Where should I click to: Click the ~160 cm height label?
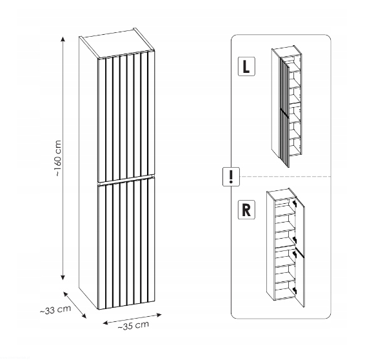tap(58, 158)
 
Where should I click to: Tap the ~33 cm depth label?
tap(55, 310)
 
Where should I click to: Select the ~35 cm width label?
tap(133, 326)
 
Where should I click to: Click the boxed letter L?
tap(246, 66)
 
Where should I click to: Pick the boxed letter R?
tap(246, 210)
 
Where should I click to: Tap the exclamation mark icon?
tap(231, 177)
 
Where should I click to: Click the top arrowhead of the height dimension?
tap(63, 39)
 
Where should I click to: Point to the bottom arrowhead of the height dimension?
tap(63, 277)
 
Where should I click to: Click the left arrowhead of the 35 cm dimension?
tap(106, 323)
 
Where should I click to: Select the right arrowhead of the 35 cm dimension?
tap(159, 315)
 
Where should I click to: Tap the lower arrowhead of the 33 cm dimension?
tap(84, 315)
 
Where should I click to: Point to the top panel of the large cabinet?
tap(117, 44)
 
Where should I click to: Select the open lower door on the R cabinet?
tap(300, 279)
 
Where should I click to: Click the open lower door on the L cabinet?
tap(284, 138)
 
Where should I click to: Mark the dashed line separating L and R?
tap(285, 177)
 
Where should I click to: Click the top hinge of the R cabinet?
tap(295, 203)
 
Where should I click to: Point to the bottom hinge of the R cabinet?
tap(295, 290)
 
